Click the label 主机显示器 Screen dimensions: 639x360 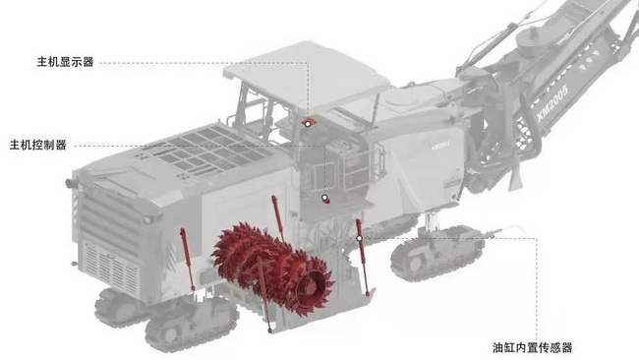[x=65, y=62]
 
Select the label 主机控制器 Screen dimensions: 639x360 [x=38, y=146]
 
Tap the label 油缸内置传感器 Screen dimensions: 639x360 [x=532, y=347]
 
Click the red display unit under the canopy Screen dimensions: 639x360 [x=309, y=122]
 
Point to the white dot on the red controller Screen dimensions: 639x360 [x=324, y=198]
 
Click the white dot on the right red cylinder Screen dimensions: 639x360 [x=359, y=238]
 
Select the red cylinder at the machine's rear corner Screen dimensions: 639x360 [x=187, y=259]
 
